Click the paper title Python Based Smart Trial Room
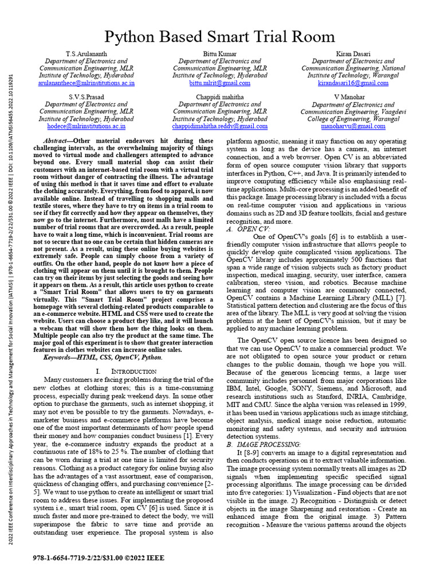[x=220, y=37]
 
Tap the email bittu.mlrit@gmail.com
[x=220, y=83]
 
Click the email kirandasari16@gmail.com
[x=353, y=83]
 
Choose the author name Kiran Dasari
[x=353, y=54]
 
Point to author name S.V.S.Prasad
[x=87, y=97]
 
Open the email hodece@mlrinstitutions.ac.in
[x=87, y=126]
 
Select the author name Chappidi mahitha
[x=220, y=97]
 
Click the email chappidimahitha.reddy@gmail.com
[x=220, y=126]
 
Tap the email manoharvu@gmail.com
[x=353, y=126]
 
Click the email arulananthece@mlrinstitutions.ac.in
[x=87, y=83]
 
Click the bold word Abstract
[x=58, y=141]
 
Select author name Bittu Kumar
[x=220, y=54]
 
